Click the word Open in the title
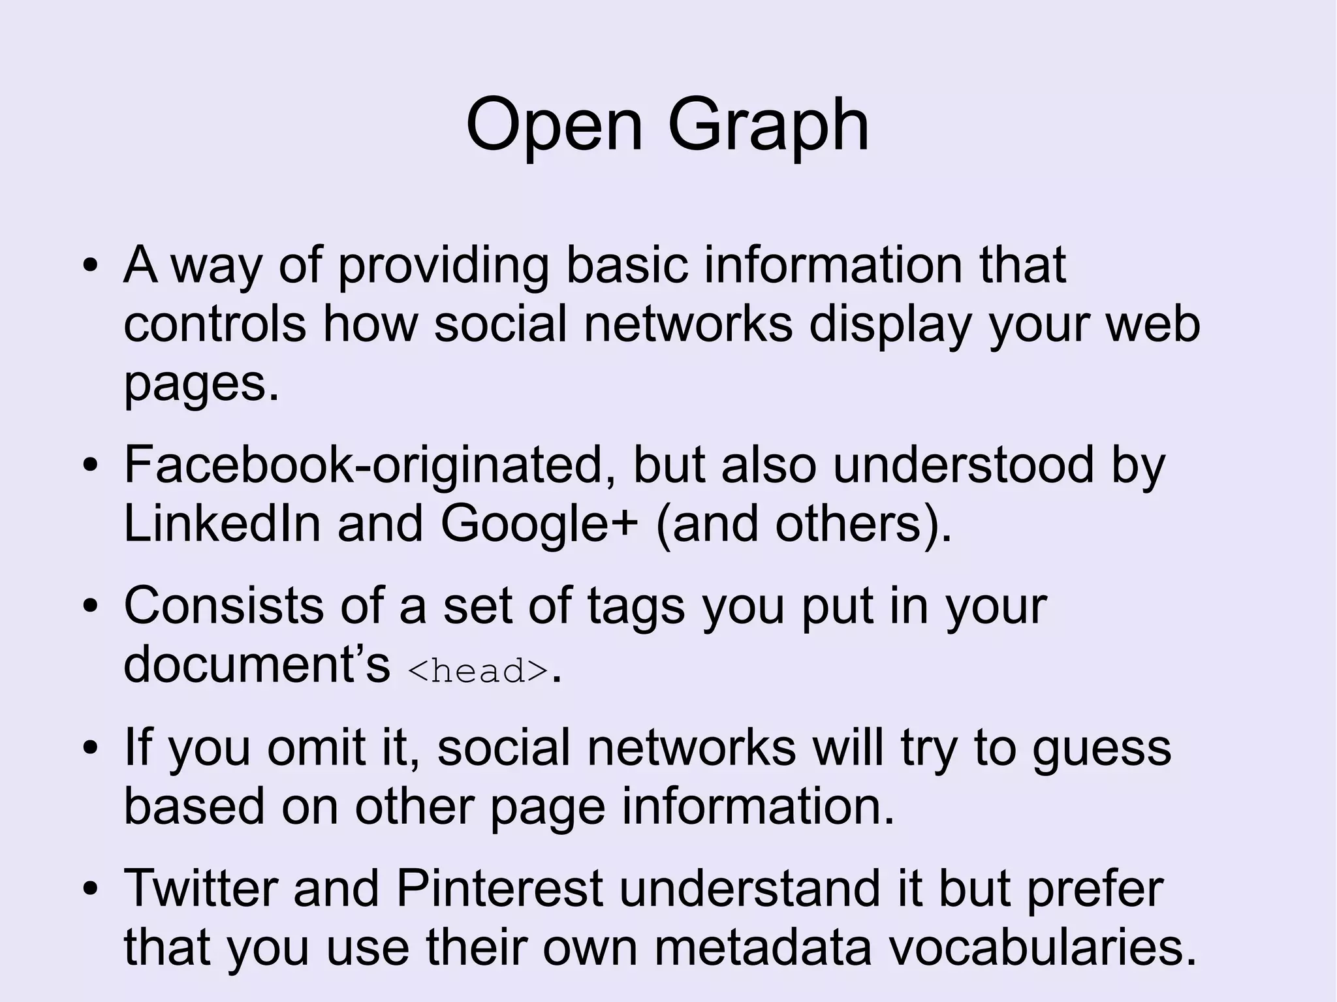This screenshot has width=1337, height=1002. (554, 125)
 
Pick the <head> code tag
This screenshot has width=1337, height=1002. (477, 671)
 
